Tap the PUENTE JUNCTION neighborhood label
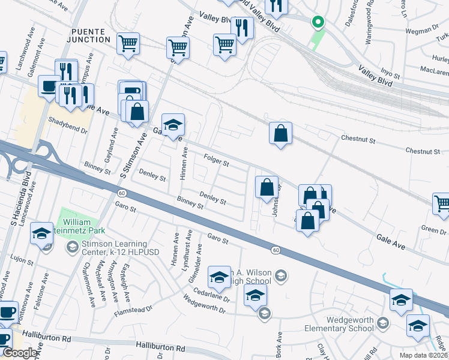coord(90,35)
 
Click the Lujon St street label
coord(21,260)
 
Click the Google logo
coord(20,353)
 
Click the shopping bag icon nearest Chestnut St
coord(280,133)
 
